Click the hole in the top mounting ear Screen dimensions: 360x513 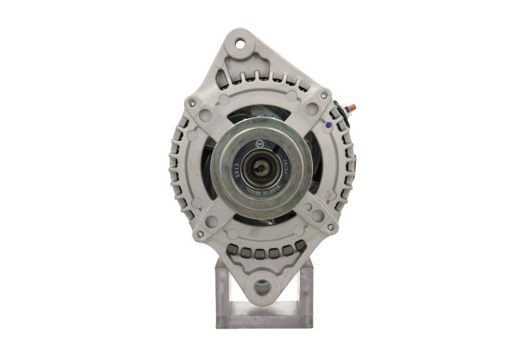click(242, 44)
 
